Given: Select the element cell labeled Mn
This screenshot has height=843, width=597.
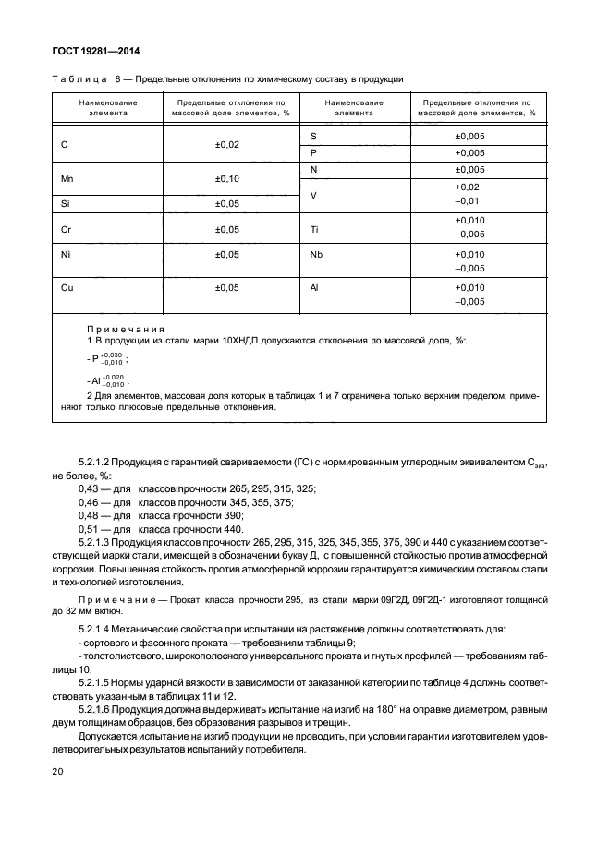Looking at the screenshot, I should click(66, 177).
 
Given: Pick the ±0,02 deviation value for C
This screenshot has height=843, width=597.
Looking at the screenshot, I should click(226, 145).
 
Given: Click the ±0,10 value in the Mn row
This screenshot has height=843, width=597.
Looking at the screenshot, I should click(226, 177).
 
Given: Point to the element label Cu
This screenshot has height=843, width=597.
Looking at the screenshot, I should click(66, 287).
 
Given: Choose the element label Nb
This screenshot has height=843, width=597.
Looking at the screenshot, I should click(316, 254).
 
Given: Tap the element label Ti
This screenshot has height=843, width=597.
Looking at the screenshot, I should click(314, 227).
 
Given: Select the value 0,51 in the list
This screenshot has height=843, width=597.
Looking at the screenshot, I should click(92, 529).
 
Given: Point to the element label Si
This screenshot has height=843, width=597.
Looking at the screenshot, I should click(65, 202).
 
